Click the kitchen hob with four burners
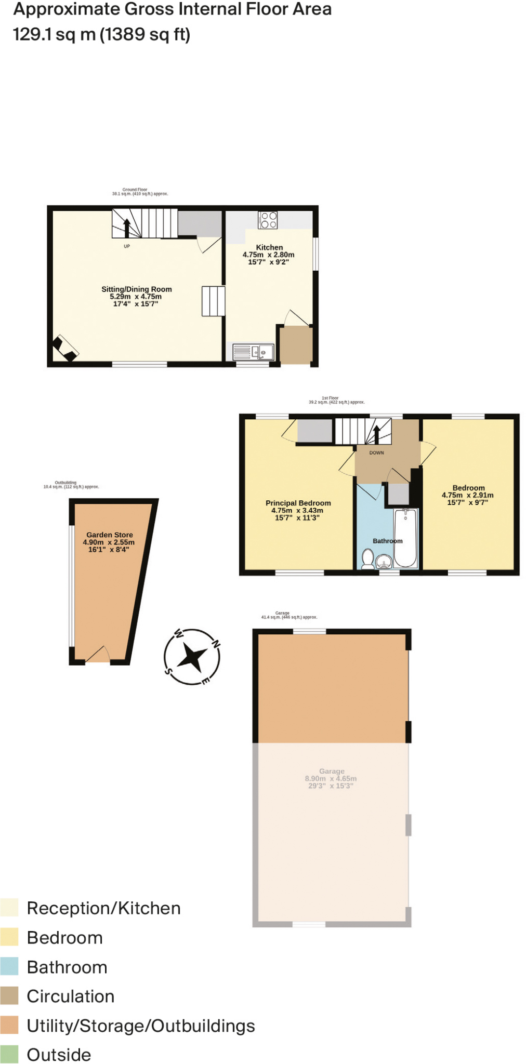click(268, 220)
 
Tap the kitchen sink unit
click(253, 352)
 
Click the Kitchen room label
click(269, 247)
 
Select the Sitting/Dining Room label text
click(136, 289)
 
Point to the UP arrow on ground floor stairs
click(126, 227)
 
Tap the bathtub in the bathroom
click(405, 538)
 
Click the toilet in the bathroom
click(367, 559)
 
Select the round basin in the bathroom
click(384, 562)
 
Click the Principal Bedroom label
click(298, 503)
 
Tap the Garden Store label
click(109, 535)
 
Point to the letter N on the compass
click(215, 644)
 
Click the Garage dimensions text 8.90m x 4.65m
click(331, 778)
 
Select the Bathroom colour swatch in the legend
click(9, 966)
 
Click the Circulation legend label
click(70, 996)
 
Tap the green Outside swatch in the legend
click(9, 1054)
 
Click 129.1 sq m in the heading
click(54, 35)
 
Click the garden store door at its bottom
click(97, 656)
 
